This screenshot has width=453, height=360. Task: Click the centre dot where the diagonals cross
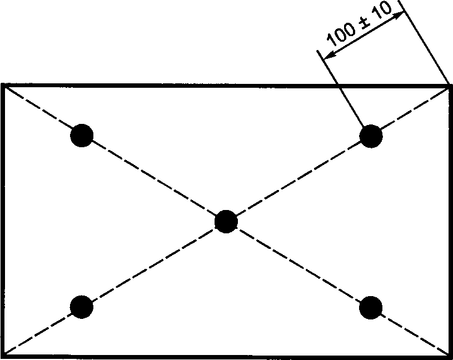(226, 221)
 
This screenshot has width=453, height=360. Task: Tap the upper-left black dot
(82, 135)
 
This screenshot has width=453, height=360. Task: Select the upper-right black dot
(371, 136)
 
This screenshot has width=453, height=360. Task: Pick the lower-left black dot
(82, 306)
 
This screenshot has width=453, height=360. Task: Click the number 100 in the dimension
(340, 34)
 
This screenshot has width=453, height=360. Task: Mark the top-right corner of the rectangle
(449, 85)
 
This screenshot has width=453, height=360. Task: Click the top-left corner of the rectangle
(4, 85)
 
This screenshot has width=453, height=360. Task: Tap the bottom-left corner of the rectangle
(4, 355)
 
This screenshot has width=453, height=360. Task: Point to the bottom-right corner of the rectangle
(449, 355)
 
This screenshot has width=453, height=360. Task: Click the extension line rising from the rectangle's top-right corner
(425, 44)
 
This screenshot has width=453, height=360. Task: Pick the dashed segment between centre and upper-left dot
(154, 178)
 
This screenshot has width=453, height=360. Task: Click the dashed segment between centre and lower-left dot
(154, 263)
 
